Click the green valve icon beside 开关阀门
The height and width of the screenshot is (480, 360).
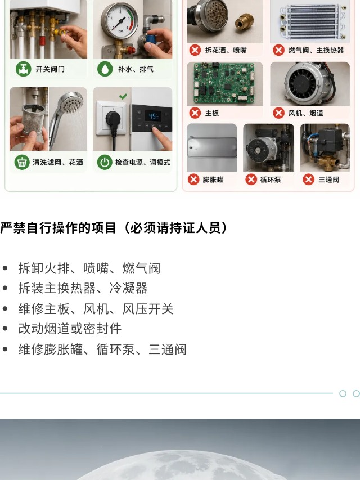coord(24,69)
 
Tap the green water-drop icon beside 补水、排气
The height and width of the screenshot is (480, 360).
coord(105,69)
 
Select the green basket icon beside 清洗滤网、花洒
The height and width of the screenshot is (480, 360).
coord(22,162)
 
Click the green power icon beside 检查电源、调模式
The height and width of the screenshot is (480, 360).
coord(105,162)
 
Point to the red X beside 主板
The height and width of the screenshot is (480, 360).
coord(195,113)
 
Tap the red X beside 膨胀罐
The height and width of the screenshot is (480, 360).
coord(193,180)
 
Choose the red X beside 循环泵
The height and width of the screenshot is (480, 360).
coord(251,180)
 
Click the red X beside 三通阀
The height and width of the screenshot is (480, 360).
coord(309,180)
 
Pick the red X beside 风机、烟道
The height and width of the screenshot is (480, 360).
coord(278,113)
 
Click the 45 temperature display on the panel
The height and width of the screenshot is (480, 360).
coord(154,116)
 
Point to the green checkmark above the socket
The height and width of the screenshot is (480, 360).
coord(123,96)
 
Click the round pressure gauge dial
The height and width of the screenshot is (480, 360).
coord(120,20)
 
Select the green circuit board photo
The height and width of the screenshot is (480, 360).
coord(224,83)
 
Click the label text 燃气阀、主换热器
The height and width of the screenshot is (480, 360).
coord(316,50)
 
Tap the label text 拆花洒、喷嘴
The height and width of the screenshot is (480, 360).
coord(226,50)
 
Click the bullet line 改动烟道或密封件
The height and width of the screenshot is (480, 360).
coord(70,329)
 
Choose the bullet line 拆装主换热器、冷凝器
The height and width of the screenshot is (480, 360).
coord(83,288)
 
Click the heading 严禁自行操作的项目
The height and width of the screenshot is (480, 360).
coord(58,228)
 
